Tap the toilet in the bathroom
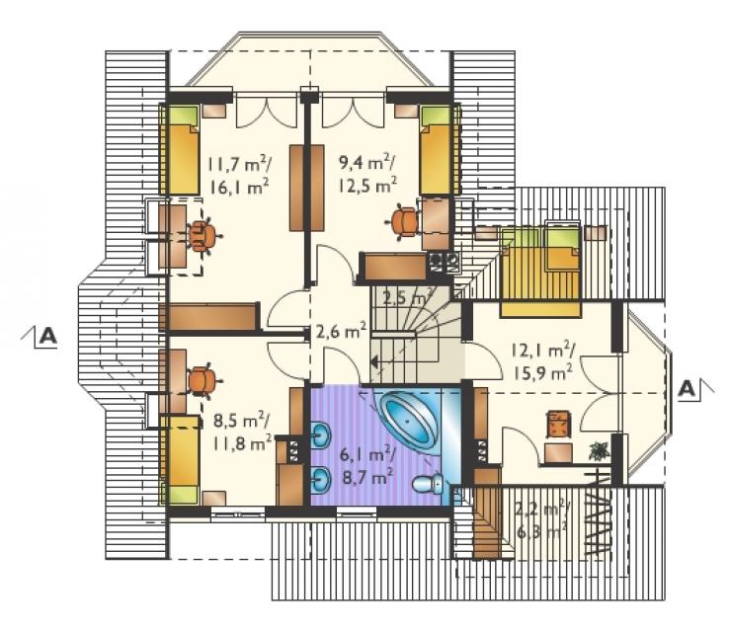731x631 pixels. [429, 484]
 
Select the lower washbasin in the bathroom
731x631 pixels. [321, 479]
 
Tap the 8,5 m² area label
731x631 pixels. [241, 421]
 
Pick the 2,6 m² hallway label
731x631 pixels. [341, 332]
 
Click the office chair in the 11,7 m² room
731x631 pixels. [203, 236]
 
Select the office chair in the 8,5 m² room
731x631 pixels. [203, 380]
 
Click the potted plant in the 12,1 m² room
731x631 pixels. [599, 451]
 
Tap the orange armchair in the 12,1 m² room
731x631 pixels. [558, 424]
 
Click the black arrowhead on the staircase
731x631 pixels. [373, 361]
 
